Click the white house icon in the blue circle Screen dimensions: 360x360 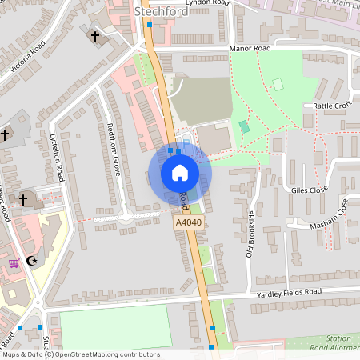pos(179,172)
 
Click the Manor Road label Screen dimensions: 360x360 pos(250,49)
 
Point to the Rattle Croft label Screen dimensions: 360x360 pos(333,106)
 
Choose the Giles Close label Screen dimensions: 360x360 pos(310,190)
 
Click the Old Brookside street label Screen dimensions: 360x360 pos(250,234)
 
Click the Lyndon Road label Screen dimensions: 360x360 pos(207,3)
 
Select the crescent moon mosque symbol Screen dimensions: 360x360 pos(33,261)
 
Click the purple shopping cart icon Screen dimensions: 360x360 pos(14,262)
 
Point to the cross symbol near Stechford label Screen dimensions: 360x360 pos(95,36)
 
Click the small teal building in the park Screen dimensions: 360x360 pos(244,126)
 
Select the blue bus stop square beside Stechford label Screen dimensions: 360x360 pos(150,25)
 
